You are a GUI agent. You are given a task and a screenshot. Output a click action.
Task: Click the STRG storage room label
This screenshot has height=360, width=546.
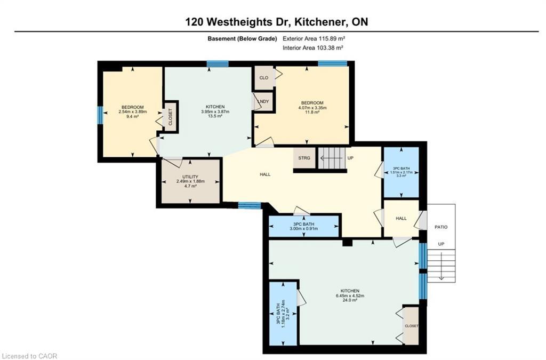pyautogui.click(x=304, y=158)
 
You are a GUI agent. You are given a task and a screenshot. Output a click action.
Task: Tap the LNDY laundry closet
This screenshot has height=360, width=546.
pyautogui.click(x=263, y=101)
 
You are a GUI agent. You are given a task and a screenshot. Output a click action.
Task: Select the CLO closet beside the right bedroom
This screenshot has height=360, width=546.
pyautogui.click(x=263, y=78)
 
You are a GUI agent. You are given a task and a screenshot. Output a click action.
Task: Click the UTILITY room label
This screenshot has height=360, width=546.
pyautogui.click(x=190, y=177)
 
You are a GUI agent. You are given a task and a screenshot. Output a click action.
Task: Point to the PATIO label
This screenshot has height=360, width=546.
pyautogui.click(x=441, y=227)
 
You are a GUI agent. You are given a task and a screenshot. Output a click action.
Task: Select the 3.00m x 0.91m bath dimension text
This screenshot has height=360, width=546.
pyautogui.click(x=303, y=229)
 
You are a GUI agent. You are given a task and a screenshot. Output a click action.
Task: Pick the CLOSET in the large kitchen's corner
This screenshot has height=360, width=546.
pyautogui.click(x=412, y=326)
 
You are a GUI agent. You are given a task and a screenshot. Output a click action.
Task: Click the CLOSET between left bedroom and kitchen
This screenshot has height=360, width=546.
pyautogui.click(x=171, y=117)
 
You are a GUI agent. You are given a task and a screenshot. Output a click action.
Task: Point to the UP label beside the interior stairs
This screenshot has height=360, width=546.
pyautogui.click(x=350, y=158)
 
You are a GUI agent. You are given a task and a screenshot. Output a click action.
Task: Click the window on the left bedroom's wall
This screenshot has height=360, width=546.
pyautogui.click(x=100, y=115)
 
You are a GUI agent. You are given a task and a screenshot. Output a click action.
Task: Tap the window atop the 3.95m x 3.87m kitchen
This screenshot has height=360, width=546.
pyautogui.click(x=218, y=64)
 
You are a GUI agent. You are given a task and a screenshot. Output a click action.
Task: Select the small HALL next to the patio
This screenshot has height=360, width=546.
pyautogui.click(x=401, y=218)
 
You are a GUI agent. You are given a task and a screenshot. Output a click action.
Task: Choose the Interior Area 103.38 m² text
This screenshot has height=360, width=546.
pyautogui.click(x=312, y=48)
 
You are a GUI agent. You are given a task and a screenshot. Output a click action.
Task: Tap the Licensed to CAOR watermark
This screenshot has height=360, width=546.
pyautogui.click(x=29, y=356)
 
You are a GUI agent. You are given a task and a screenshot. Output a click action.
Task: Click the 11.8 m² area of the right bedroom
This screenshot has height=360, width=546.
pyautogui.click(x=312, y=113)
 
